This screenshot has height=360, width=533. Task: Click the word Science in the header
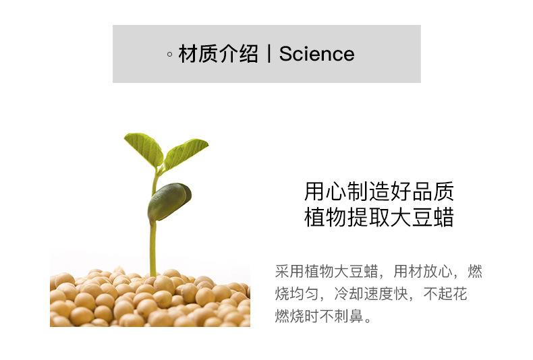tap(317, 54)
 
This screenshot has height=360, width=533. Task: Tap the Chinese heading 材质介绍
tap(218, 54)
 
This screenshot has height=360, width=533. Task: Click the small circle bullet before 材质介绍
tap(169, 55)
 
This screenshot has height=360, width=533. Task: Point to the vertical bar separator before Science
tap(269, 54)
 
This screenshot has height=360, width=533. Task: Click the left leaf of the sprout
tap(144, 149)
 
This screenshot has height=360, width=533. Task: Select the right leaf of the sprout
tap(186, 153)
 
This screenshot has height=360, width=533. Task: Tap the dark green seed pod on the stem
tap(169, 202)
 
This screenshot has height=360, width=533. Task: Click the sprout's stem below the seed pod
tap(153, 248)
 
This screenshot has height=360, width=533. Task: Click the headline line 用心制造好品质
tap(379, 191)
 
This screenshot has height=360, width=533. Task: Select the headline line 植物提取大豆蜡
tap(379, 217)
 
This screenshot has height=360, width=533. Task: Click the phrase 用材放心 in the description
tap(423, 272)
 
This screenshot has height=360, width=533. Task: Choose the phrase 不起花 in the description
tap(445, 294)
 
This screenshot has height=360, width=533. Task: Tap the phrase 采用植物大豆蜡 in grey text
tap(327, 272)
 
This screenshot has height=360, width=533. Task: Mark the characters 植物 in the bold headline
tap(325, 217)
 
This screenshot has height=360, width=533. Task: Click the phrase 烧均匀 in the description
tap(297, 294)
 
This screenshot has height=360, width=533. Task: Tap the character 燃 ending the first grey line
tap(475, 272)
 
